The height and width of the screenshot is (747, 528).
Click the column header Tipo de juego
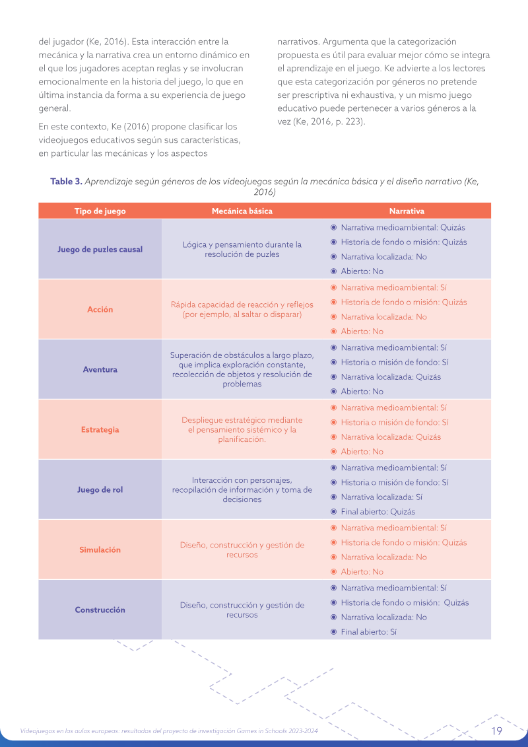100,211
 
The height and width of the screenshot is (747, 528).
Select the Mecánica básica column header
242,211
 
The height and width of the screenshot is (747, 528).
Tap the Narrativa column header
407,211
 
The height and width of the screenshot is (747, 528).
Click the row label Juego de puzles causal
100,249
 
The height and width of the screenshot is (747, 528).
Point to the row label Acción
100,309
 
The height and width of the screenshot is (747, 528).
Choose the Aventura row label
100,369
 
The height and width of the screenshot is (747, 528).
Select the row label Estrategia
100,429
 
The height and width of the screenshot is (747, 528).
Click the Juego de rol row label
100,489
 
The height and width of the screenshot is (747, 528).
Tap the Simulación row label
100,550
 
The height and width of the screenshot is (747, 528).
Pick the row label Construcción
100,610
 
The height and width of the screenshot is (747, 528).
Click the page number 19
496,730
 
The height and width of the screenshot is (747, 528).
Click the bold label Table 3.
66,182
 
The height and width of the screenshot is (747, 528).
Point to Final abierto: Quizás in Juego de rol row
378,512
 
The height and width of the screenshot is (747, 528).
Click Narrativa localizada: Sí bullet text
382,497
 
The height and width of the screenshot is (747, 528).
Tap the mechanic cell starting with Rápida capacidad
242,310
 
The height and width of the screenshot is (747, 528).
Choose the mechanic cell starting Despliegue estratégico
242,430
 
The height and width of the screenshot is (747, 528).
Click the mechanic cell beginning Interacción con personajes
242,489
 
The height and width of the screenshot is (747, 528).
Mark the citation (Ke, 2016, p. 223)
321,122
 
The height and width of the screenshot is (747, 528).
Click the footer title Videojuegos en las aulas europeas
169,731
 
